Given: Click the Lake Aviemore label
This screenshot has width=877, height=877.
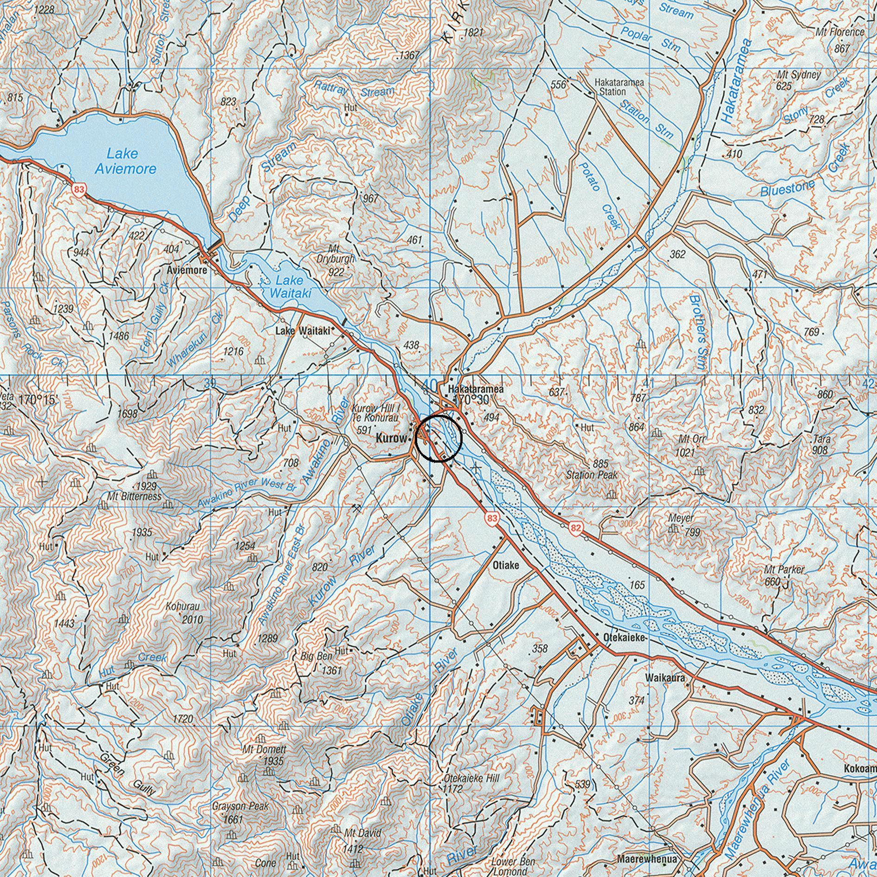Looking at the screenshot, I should click(125, 161).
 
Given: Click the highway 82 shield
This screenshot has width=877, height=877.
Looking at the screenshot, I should click(576, 528).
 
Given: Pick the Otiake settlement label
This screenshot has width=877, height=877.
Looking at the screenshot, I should click(505, 566).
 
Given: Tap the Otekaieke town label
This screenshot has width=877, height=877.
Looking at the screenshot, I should click(625, 638).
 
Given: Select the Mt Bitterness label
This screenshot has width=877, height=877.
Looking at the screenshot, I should click(134, 497).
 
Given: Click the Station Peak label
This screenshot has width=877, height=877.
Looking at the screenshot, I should click(592, 475).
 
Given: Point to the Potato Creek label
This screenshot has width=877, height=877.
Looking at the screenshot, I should click(599, 195).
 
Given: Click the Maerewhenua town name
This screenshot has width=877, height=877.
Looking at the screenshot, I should click(646, 859).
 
